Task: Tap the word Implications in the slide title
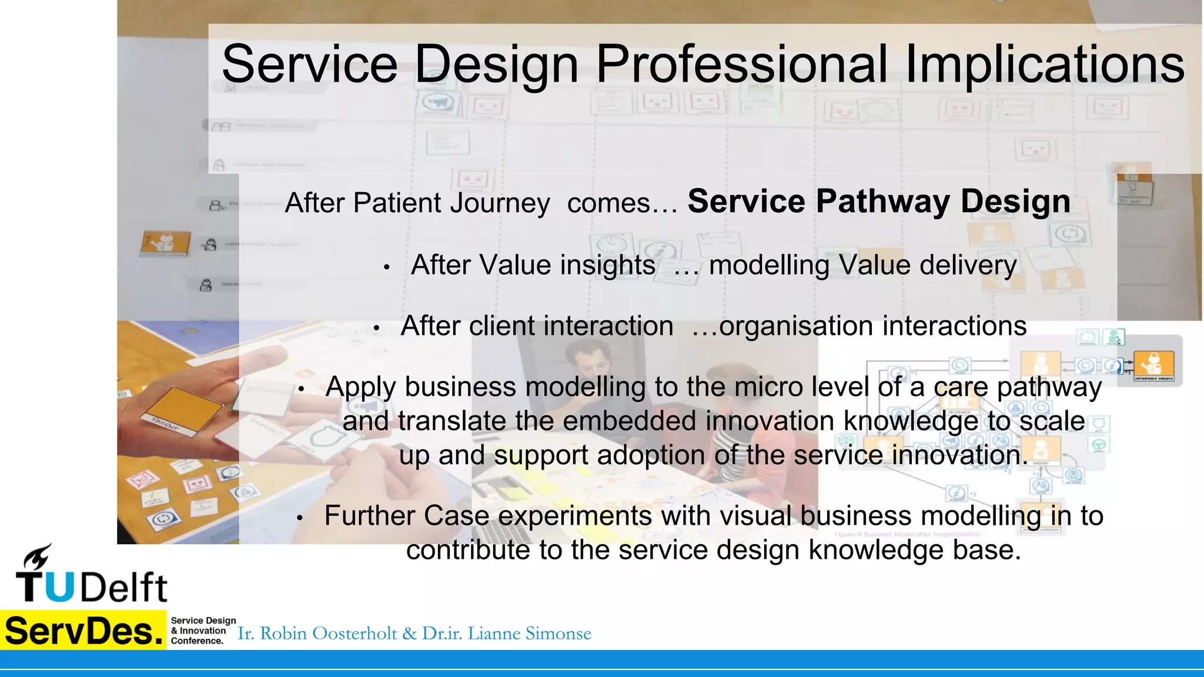click(x=1045, y=65)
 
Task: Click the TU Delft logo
click(x=91, y=576)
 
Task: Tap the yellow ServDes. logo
click(x=83, y=631)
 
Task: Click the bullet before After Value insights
click(x=387, y=267)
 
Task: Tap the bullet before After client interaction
click(x=376, y=329)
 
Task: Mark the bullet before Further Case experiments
click(x=299, y=518)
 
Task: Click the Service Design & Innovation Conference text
click(x=203, y=631)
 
